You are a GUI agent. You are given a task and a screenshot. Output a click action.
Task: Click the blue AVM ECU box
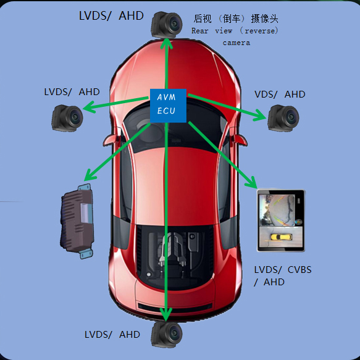pyautogui.click(x=168, y=106)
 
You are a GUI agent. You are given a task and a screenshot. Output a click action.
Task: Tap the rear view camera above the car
pyautogui.click(x=167, y=25)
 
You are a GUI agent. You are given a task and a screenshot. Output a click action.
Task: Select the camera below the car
pyautogui.click(x=167, y=334)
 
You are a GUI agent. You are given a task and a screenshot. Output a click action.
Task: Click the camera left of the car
pyautogui.click(x=67, y=118)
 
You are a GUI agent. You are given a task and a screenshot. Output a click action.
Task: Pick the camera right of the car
pyautogui.click(x=283, y=118)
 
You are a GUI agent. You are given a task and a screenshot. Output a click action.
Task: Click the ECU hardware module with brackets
pyautogui.click(x=77, y=221)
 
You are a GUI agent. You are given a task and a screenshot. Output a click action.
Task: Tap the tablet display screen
pyautogui.click(x=281, y=220)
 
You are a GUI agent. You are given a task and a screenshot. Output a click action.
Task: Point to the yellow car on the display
pyautogui.click(x=281, y=237)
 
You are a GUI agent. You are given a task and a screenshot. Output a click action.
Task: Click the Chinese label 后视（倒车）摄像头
pyautogui.click(x=235, y=19)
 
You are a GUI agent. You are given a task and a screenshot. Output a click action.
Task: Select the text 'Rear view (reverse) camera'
pyautogui.click(x=235, y=36)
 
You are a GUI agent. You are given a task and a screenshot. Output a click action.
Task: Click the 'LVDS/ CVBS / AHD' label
pyautogui.click(x=283, y=276)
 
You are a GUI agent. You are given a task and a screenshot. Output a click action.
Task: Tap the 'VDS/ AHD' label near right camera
pyautogui.click(x=280, y=94)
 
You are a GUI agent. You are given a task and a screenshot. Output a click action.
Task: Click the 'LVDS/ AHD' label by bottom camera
pyautogui.click(x=112, y=335)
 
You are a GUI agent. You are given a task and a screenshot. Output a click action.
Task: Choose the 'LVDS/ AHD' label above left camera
pyautogui.click(x=72, y=92)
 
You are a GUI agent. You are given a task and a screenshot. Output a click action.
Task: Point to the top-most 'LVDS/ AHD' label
pyautogui.click(x=111, y=16)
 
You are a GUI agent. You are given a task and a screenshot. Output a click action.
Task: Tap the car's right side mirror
pyautogui.click(x=240, y=140)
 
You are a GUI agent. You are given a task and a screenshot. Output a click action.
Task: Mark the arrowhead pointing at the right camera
pyautogui.click(x=261, y=115)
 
